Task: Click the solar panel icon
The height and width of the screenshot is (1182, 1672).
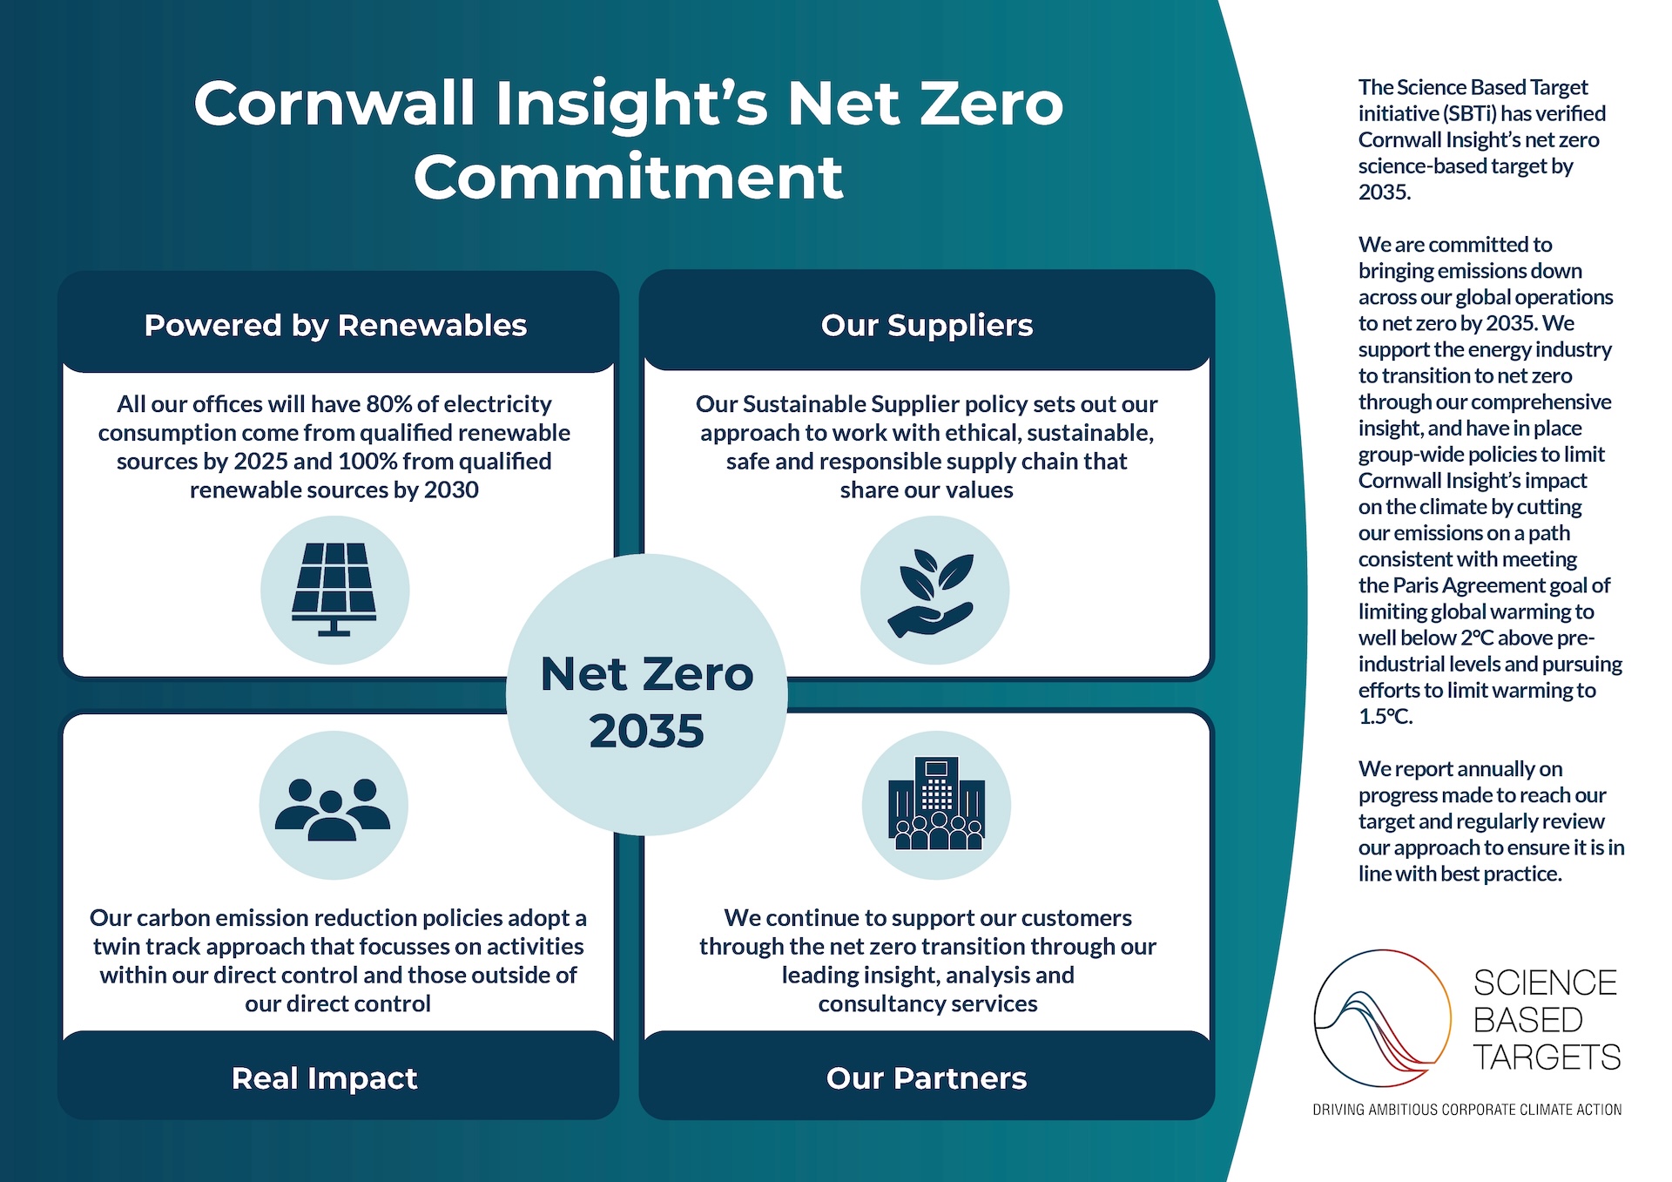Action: click(x=334, y=590)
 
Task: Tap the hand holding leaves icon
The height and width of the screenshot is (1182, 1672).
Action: click(x=932, y=594)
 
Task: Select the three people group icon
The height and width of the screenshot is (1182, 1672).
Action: click(x=333, y=809)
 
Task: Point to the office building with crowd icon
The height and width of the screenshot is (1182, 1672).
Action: click(x=936, y=803)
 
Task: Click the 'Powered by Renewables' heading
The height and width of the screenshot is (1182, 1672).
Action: click(x=335, y=326)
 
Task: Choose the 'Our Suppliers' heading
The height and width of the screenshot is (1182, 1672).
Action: click(x=927, y=326)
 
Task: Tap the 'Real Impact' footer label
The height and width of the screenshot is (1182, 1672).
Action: click(x=324, y=1078)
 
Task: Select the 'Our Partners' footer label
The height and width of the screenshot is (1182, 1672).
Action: click(x=927, y=1078)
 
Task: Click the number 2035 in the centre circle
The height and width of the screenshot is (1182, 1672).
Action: click(x=646, y=731)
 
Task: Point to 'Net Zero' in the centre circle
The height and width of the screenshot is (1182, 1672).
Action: click(x=647, y=674)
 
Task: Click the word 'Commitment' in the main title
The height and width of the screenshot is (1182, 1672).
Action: click(x=629, y=178)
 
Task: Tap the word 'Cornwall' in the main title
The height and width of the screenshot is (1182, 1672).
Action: click(x=335, y=104)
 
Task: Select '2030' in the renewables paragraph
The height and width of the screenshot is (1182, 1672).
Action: click(x=451, y=490)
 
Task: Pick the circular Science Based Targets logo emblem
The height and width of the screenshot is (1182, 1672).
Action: click(x=1382, y=1018)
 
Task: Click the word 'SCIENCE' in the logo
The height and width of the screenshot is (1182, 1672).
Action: click(x=1545, y=983)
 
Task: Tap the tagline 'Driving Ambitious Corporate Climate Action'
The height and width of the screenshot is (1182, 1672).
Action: click(x=1467, y=1110)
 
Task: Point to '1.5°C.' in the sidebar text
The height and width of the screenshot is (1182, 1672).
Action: click(x=1385, y=717)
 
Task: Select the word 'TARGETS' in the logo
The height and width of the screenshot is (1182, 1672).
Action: click(x=1547, y=1057)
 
